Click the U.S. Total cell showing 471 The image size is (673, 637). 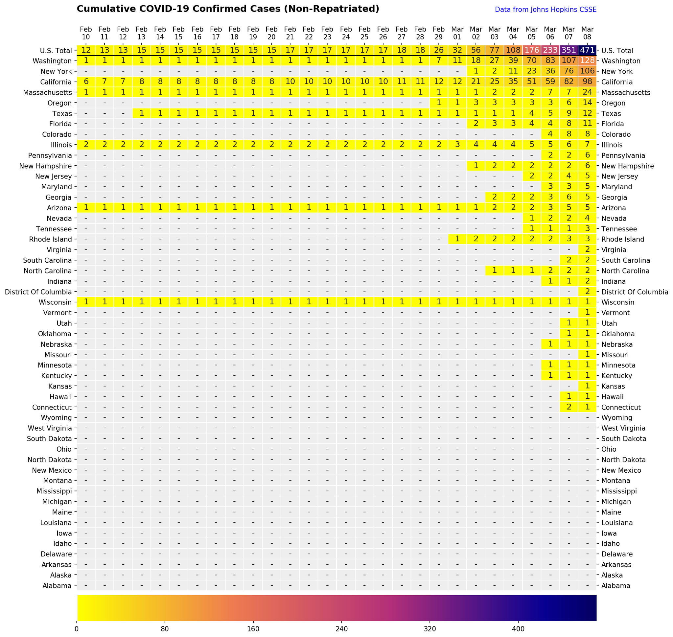[x=587, y=51]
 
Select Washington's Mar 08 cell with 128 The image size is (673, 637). [x=587, y=61]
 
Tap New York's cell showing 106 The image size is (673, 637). [x=587, y=72]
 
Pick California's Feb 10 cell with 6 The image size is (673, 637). [x=86, y=82]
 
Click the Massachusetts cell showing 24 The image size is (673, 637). [x=587, y=93]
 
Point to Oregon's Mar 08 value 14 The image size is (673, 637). [x=587, y=103]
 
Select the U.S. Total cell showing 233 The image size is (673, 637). [x=550, y=51]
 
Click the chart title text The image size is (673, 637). [x=228, y=9]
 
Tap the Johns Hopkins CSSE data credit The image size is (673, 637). [x=545, y=10]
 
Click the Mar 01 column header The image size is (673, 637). [x=457, y=33]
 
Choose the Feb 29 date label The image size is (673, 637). [x=438, y=33]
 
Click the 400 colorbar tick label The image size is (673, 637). [x=518, y=629]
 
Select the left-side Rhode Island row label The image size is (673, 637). [x=51, y=239]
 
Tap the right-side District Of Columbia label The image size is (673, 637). [x=634, y=292]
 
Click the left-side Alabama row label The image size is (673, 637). [x=57, y=586]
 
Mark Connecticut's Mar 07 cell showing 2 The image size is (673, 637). [x=569, y=407]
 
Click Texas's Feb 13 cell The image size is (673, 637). [x=142, y=114]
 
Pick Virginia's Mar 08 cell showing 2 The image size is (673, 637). [x=587, y=250]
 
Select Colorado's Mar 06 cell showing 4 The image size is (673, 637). [x=550, y=134]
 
